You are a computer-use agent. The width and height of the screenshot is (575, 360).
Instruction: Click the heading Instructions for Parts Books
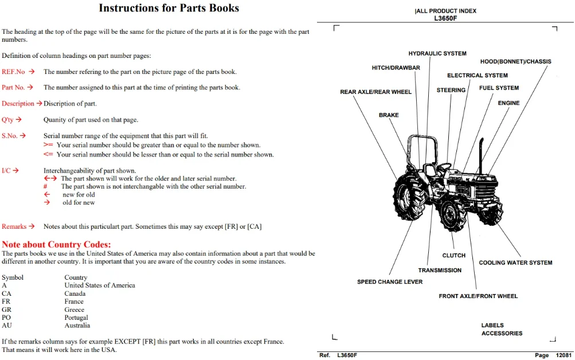169,8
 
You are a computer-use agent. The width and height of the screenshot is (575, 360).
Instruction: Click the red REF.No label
13,72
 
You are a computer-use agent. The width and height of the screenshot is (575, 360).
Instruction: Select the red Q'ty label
7,120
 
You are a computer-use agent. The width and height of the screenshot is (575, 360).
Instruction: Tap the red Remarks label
14,226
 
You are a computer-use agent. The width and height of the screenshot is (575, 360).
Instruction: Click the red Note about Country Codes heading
56,245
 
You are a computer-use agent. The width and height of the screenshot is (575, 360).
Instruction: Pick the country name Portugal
76,318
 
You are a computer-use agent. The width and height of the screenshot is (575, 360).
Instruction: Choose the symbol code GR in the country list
6,310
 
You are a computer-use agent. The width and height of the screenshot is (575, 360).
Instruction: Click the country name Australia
77,326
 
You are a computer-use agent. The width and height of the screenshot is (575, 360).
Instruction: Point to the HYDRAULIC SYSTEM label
437,53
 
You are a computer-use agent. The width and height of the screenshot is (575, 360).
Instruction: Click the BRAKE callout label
389,115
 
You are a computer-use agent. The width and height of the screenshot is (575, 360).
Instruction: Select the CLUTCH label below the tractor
453,256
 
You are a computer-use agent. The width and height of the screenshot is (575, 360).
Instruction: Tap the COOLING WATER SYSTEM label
515,263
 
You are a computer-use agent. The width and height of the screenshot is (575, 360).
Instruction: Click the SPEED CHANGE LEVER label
390,282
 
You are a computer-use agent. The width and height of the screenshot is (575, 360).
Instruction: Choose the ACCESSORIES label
502,333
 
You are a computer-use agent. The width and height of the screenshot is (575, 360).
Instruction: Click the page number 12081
564,355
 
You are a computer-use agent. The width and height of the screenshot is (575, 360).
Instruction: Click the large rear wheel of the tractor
408,197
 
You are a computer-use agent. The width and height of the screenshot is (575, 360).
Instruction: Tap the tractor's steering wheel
444,167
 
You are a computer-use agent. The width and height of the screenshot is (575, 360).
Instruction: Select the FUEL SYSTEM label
499,88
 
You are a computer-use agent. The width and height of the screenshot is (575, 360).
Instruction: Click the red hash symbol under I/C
45,187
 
